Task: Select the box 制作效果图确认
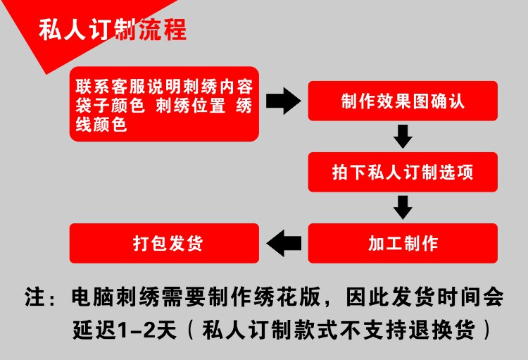click(x=403, y=101)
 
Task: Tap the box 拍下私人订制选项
click(x=403, y=173)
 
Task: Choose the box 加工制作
click(x=403, y=244)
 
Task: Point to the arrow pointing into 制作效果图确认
click(x=284, y=101)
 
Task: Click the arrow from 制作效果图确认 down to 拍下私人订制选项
click(x=403, y=136)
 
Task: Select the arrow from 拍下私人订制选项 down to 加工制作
click(x=403, y=207)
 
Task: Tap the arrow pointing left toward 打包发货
click(x=286, y=244)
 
